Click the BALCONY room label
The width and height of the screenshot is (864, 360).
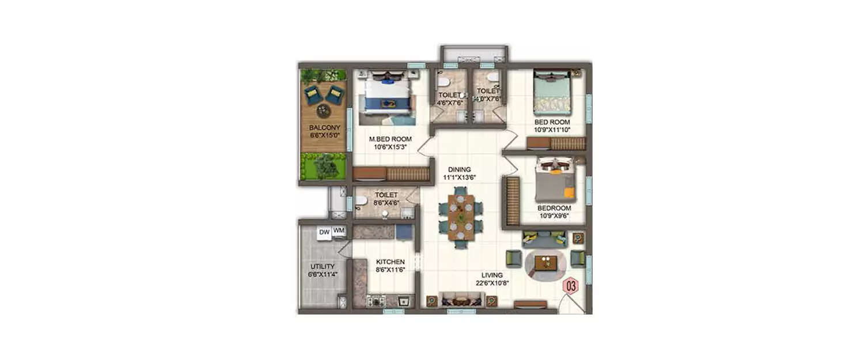pos(324,128)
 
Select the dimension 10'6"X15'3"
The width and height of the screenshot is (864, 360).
pos(391,147)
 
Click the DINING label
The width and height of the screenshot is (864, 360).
pos(460,170)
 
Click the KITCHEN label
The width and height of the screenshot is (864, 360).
pos(390,262)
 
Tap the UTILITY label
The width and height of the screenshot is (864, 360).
pos(322,267)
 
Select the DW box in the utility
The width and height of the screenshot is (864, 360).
pos(324,232)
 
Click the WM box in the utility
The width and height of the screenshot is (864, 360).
pos(339,231)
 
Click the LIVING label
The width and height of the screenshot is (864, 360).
pos(492,275)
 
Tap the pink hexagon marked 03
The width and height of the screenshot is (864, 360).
pos(571,285)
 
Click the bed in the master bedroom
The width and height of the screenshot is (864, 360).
pos(385,96)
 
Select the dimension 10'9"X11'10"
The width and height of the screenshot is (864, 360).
pos(552,130)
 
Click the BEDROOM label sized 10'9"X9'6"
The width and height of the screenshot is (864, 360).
pos(554,208)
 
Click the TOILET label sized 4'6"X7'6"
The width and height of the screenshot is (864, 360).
pos(449,95)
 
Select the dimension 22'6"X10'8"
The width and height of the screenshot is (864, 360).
pos(492,283)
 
